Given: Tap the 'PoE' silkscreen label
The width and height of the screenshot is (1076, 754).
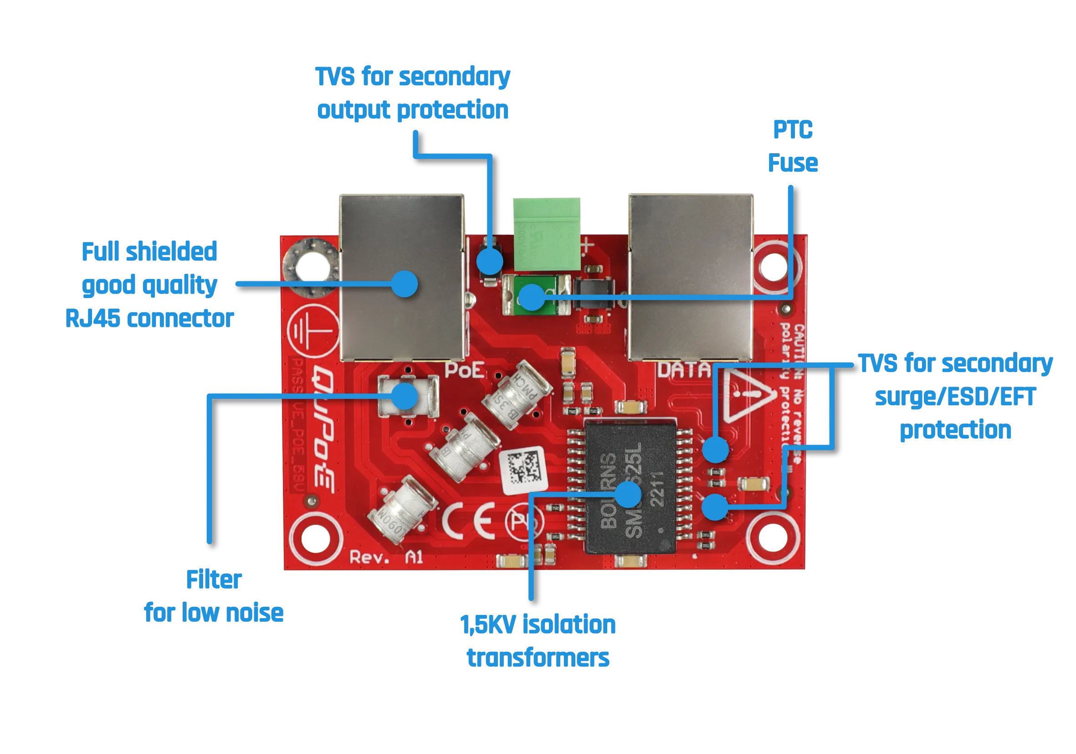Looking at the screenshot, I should (x=464, y=371).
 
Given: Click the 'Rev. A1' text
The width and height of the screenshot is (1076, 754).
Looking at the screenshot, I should (x=387, y=558).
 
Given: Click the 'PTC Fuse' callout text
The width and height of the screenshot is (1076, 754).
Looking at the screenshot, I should (x=793, y=146).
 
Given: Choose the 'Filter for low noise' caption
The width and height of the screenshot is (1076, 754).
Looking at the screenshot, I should (x=214, y=596).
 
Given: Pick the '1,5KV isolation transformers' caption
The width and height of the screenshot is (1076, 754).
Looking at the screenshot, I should (x=539, y=641).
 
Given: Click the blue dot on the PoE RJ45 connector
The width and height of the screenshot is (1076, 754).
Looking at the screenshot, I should (x=404, y=284).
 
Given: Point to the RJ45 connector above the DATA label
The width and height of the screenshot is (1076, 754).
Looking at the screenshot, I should (x=691, y=277).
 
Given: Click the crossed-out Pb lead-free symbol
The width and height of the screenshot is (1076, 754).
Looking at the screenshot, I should (x=524, y=521).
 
